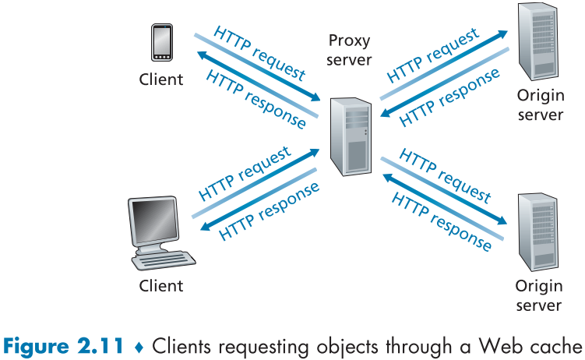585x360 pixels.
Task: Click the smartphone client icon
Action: [x=161, y=42]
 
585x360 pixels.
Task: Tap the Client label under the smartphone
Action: [x=161, y=79]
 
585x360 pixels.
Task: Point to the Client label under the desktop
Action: [x=161, y=285]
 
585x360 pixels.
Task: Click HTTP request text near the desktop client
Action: [x=245, y=172]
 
